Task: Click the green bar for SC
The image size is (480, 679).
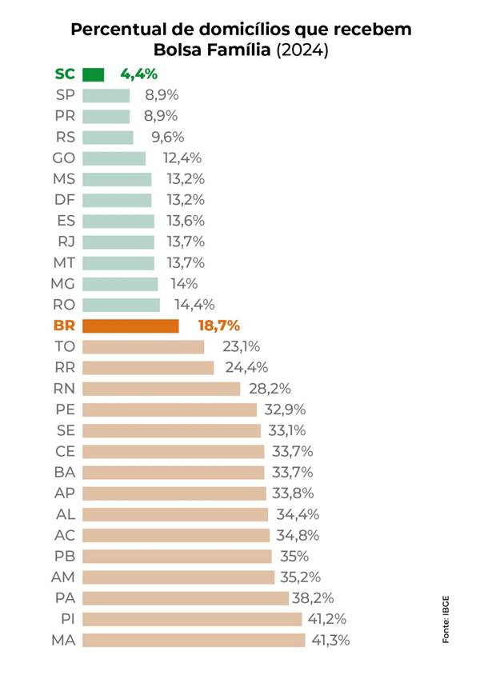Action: tap(94, 74)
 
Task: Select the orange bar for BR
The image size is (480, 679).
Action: tap(130, 326)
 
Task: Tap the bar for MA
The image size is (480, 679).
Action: tap(194, 640)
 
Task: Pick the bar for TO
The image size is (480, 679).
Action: tap(143, 346)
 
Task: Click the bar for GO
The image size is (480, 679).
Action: tap(114, 158)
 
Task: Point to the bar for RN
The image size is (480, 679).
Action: tap(161, 389)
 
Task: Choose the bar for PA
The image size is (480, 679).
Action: tap(185, 598)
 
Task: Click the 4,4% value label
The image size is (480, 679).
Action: tap(138, 74)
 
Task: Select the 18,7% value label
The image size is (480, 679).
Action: tap(218, 326)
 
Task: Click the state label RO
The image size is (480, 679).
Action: tap(64, 305)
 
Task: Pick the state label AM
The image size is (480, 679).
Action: tap(63, 577)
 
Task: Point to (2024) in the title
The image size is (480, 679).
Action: tap(302, 51)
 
